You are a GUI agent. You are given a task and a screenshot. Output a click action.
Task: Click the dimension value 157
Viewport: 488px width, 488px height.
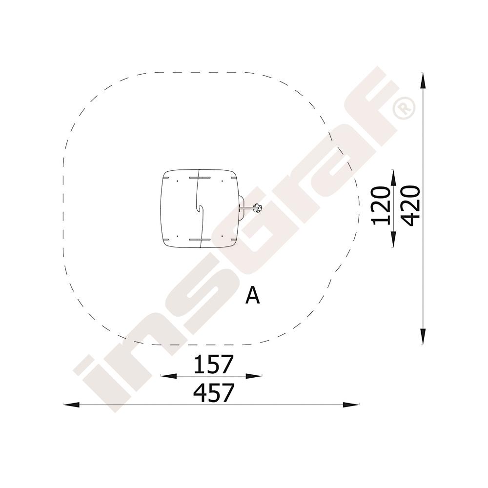213,364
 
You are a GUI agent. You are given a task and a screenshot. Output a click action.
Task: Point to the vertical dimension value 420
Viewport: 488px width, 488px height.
410,206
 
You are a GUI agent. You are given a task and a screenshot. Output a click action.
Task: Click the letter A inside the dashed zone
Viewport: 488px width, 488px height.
252,295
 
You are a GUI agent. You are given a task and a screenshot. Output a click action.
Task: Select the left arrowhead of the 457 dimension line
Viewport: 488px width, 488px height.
71,405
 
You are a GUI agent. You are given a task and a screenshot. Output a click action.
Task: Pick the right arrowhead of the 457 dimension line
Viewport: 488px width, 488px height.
351,405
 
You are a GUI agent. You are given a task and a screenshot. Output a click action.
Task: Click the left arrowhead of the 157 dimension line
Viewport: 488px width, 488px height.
168,376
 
